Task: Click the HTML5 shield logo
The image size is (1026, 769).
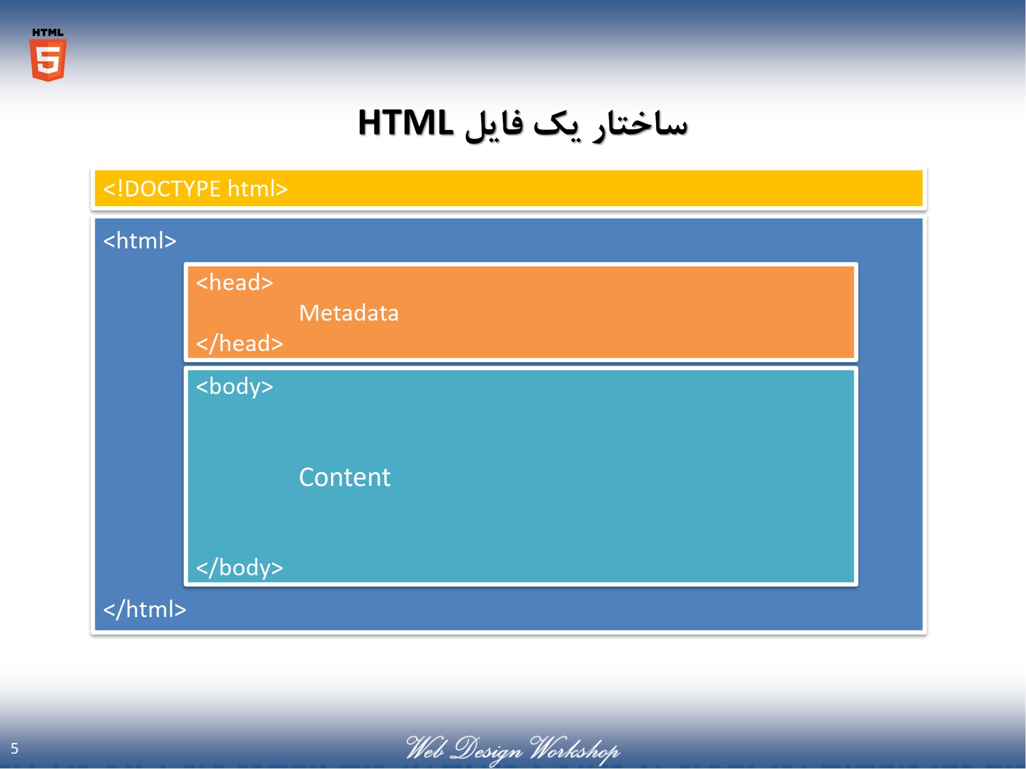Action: click(x=48, y=60)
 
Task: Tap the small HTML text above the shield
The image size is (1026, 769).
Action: click(x=48, y=33)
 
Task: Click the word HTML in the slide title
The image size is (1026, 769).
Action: click(x=406, y=123)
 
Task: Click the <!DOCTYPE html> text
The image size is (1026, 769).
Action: click(x=195, y=189)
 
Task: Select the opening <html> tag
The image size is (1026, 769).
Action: click(x=140, y=241)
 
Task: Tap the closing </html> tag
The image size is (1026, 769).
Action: click(x=145, y=609)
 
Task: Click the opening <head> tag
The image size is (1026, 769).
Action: click(x=234, y=282)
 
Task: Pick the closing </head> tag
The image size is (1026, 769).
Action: click(x=240, y=343)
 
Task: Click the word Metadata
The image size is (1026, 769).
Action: click(x=349, y=313)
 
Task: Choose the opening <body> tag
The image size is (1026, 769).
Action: click(x=234, y=387)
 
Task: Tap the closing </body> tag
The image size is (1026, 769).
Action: click(x=240, y=567)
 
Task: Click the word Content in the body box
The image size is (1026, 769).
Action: click(x=345, y=477)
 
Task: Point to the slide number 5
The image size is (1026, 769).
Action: click(x=15, y=749)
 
